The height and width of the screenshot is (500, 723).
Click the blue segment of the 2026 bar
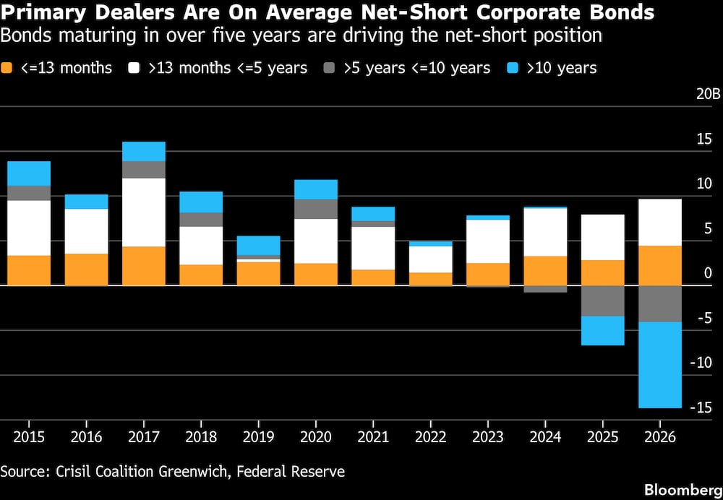coord(660,364)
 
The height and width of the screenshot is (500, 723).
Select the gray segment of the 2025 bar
coord(603,301)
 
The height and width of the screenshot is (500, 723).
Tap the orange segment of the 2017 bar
coord(144,266)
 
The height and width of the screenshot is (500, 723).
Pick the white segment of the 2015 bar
coord(29,228)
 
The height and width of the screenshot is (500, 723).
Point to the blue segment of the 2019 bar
coord(259,246)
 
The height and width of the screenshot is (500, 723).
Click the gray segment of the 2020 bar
coord(316,210)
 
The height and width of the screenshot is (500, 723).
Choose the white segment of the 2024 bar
coord(545,232)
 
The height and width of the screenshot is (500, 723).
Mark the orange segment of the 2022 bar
coord(431,279)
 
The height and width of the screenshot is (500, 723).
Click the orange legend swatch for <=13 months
coord(7,68)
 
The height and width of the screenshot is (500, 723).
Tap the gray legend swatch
coord(330,68)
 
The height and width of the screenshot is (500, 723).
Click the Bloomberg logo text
coord(683,489)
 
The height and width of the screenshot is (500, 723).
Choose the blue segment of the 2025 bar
coord(603,330)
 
